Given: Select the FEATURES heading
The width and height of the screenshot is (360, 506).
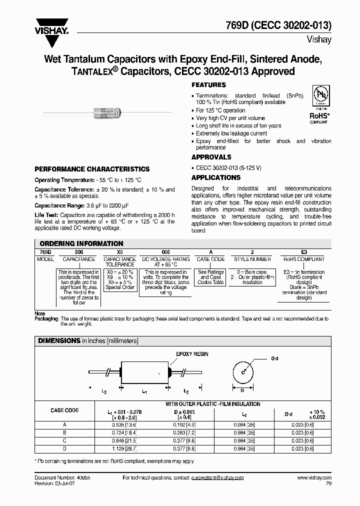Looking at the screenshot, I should [x=209, y=85].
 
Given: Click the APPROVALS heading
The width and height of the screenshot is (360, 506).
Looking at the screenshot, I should [x=211, y=157].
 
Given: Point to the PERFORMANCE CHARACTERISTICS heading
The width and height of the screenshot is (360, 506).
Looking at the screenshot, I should [x=92, y=169].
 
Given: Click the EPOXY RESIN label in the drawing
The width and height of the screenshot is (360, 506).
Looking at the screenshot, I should [x=192, y=354].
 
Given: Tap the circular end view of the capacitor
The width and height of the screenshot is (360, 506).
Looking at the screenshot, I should [x=243, y=372].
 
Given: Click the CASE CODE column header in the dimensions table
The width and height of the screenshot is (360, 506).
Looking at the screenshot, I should [x=64, y=410].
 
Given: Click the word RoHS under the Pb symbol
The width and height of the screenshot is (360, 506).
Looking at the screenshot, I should [x=318, y=115].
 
